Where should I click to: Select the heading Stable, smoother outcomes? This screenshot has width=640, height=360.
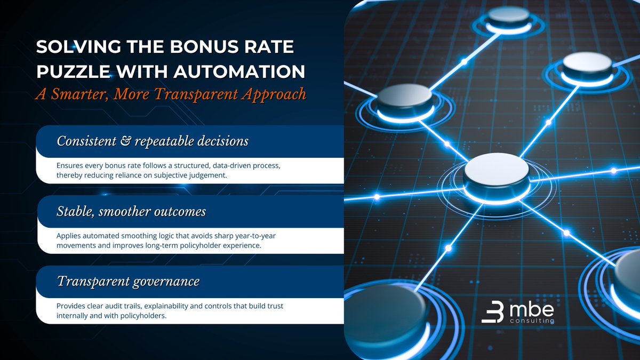pyautogui.click(x=131, y=212)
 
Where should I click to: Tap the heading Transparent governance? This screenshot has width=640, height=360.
pyautogui.click(x=128, y=282)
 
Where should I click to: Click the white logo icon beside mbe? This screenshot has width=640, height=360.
pyautogui.click(x=493, y=313)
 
